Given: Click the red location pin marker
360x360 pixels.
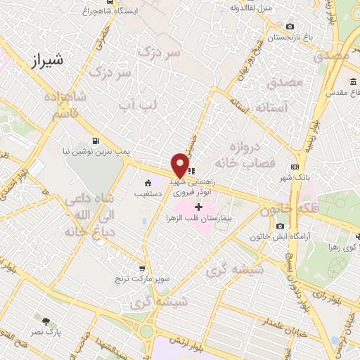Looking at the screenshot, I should [x=181, y=165].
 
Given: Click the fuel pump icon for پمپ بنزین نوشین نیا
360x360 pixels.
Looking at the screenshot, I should [x=96, y=139].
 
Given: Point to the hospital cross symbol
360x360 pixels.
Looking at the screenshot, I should [x=199, y=207].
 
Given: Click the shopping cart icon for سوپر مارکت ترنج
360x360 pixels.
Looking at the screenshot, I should [x=142, y=268].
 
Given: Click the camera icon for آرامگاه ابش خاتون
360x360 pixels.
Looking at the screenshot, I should [x=281, y=226].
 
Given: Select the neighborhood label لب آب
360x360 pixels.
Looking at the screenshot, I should [x=137, y=105].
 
